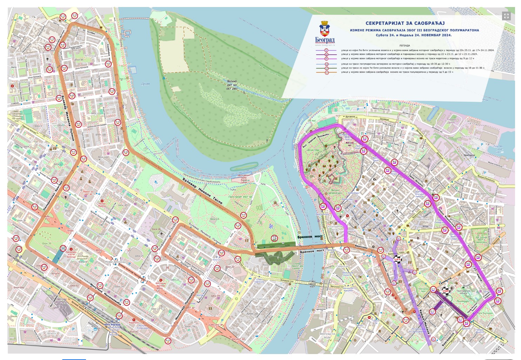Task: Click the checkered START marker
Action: (446, 291)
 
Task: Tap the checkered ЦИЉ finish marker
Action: (398, 260)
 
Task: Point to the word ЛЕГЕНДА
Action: (404, 46)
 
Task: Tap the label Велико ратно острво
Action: (232, 85)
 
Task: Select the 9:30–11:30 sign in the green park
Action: (275, 238)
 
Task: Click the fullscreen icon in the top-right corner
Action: (506, 15)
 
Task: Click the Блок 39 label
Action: (47, 243)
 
